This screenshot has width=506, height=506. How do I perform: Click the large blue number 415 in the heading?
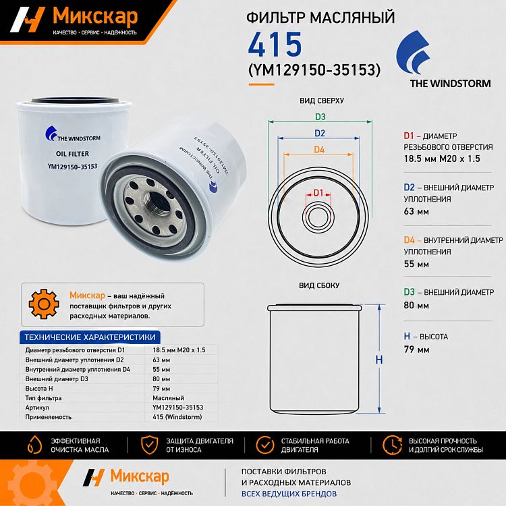coord(275,45)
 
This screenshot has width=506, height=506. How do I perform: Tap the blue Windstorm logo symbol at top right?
coord(413,53)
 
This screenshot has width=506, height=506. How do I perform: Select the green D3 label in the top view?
coord(320,117)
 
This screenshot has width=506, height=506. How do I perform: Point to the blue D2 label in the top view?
coord(320,133)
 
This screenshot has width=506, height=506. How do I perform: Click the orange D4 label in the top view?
coord(319,149)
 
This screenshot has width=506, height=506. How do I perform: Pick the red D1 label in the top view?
coord(318,193)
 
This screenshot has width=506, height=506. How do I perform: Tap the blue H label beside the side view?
coord(379,360)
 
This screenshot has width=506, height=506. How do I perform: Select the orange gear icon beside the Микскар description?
coord(44,304)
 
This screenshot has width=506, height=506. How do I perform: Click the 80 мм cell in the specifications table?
coord(161,379)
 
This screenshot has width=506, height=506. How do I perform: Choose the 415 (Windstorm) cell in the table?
coord(177,417)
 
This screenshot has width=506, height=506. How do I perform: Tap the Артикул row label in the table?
coord(37,407)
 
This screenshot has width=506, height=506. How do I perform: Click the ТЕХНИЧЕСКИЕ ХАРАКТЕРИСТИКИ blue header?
coord(90,337)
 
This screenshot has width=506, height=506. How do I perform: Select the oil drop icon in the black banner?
coord(34,445)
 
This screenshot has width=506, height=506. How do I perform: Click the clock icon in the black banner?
coord(392,445)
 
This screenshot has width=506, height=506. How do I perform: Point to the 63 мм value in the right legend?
coord(416,211)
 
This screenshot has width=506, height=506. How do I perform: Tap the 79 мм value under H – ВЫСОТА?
coord(416,349)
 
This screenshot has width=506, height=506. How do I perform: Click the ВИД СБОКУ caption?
coord(319,285)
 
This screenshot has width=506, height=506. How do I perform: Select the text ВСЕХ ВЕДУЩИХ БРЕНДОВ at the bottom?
coord(289,494)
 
